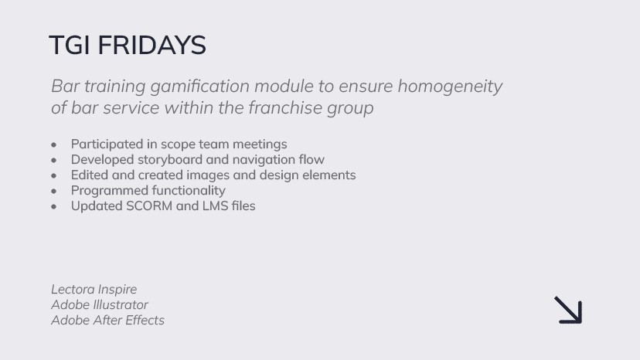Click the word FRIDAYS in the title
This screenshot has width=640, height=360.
click(151, 45)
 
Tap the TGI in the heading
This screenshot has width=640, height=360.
click(69, 45)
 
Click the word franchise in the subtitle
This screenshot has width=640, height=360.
click(285, 107)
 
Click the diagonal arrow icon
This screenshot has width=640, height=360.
click(568, 311)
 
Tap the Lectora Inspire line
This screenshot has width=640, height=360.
click(94, 290)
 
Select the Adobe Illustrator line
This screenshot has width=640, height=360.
click(100, 305)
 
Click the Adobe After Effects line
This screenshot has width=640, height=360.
click(107, 321)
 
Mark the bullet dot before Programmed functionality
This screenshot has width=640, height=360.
click(54, 192)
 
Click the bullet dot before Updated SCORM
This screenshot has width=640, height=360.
click(54, 207)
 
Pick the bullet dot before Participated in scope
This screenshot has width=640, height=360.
click(54, 145)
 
